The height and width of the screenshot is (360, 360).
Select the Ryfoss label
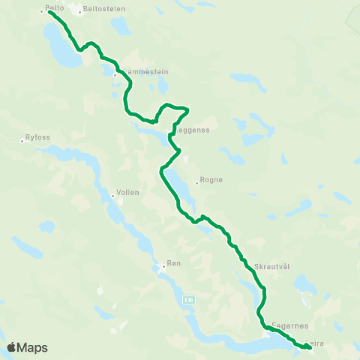click(x=37, y=137)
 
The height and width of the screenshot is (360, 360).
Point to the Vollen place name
click(x=128, y=193)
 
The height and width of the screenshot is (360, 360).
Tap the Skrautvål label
click(x=272, y=266)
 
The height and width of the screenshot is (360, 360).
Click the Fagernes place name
click(x=289, y=326)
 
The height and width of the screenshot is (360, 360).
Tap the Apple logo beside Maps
click(x=12, y=347)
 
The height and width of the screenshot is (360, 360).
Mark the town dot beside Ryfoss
click(x=22, y=140)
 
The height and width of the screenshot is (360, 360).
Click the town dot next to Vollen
click(x=112, y=196)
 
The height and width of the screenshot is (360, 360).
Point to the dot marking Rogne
click(x=196, y=182)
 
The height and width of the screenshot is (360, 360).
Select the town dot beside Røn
click(x=163, y=266)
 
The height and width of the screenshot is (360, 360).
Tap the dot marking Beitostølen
click(x=80, y=12)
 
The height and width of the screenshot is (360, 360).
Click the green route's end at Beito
click(x=49, y=12)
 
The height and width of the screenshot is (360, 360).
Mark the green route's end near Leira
click(x=310, y=347)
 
